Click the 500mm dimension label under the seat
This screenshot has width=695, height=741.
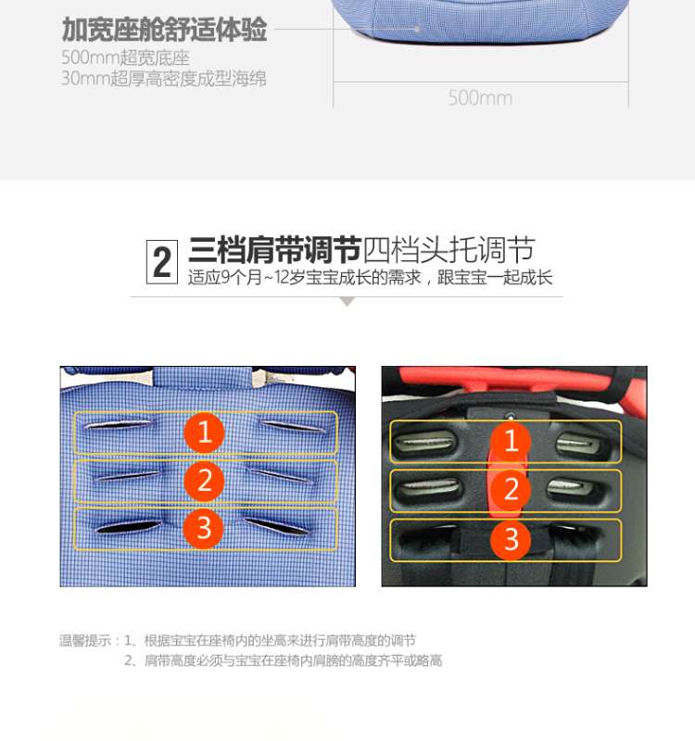480,98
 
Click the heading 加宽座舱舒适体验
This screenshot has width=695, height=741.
165,30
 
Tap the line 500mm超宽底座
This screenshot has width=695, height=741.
125,57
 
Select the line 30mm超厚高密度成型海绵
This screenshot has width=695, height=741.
164,79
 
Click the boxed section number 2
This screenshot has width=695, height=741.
161,262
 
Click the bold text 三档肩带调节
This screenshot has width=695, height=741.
274,249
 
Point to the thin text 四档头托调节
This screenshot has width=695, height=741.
449,249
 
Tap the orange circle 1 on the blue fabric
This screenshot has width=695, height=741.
204,432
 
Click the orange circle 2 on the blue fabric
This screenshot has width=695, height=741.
204,481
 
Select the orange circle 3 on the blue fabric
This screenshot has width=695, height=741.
204,528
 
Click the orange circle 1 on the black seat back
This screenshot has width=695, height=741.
511,441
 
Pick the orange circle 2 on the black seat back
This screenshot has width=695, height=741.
511,489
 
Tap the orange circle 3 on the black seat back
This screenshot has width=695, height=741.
511,539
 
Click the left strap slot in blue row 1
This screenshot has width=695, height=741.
120,424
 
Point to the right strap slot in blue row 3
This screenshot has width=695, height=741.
276,527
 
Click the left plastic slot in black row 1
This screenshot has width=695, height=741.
426,442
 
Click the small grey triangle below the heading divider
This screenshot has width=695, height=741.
347,302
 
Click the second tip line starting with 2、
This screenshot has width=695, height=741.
284,660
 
